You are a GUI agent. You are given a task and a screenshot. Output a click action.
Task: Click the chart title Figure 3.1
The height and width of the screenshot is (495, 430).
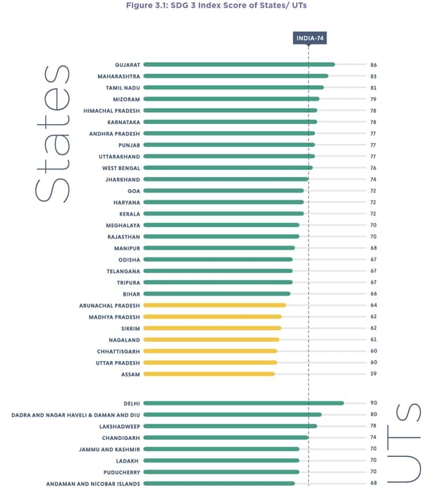tap(214, 6)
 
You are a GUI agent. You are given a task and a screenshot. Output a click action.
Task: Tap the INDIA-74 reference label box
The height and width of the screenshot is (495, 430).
tap(309, 38)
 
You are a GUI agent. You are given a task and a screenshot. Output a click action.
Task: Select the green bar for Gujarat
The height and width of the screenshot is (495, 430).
tap(238, 64)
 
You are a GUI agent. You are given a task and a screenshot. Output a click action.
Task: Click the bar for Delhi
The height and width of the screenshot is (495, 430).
tap(243, 403)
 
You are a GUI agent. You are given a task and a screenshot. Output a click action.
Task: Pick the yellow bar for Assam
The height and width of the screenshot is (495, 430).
tap(209, 374)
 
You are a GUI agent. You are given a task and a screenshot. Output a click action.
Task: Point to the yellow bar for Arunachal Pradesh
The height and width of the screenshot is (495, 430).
tap(214, 305)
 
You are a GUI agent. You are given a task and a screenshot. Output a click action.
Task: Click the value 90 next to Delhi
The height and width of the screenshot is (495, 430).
tap(374, 403)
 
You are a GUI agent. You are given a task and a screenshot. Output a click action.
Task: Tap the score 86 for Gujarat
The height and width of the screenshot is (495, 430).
tap(374, 64)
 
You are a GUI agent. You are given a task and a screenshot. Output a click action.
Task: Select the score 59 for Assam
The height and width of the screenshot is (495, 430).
tap(374, 374)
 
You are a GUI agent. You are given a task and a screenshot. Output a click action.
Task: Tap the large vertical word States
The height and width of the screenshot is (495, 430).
tap(51, 134)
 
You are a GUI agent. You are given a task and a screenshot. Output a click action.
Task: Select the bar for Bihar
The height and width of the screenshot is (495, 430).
tap(216, 293)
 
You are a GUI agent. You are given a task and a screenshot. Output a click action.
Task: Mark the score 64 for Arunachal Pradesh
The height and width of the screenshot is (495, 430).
tap(374, 305)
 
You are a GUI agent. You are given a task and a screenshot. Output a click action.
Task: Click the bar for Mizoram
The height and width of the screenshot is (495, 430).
tap(231, 99)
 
